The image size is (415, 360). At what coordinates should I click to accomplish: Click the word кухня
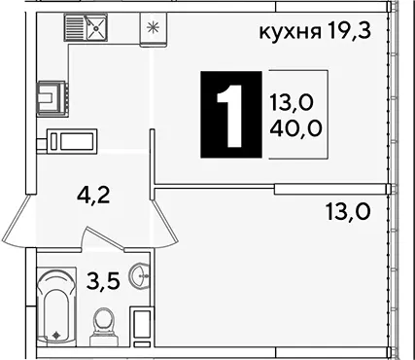tap(290, 32)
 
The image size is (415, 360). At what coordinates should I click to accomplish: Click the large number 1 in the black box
tap(230, 116)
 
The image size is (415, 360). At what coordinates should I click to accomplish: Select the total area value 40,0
tap(295, 128)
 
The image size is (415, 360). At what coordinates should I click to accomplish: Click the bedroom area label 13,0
tap(349, 212)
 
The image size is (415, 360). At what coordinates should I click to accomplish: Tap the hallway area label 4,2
tap(94, 197)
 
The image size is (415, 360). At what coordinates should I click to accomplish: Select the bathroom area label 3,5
tap(103, 280)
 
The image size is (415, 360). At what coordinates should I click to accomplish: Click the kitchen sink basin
tap(96, 27)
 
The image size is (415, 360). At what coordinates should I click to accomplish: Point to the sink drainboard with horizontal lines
tap(75, 27)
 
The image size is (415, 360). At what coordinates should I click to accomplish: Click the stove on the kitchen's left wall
tap(52, 98)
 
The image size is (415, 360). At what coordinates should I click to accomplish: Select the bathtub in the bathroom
tap(56, 306)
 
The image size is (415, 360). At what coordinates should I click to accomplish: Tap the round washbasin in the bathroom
tap(139, 276)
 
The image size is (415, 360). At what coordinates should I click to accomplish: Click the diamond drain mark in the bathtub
tap(56, 334)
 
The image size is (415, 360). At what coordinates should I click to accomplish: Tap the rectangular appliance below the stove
tap(72, 141)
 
